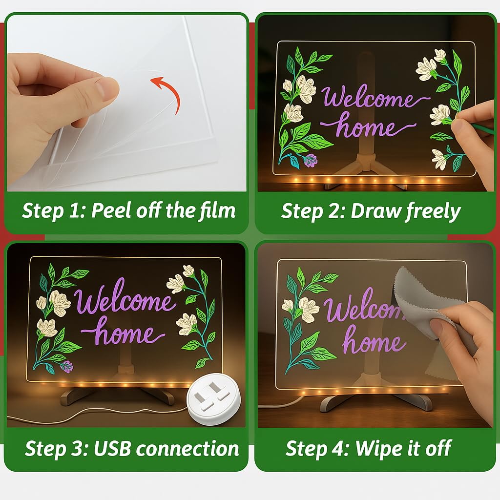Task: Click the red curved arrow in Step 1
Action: pos(172,89)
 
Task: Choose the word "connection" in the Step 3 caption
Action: pos(187,449)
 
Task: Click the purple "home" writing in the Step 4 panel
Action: pos(374,340)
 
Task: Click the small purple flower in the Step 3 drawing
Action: pos(66,366)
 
